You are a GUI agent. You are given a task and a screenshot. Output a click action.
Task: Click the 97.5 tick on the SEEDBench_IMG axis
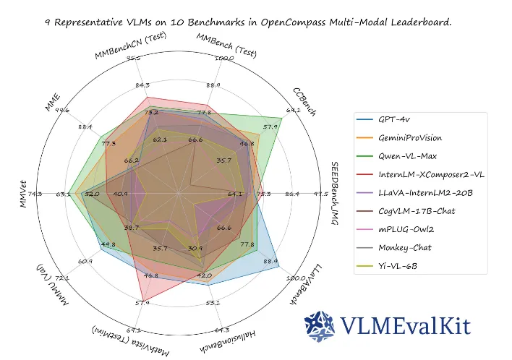320,194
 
